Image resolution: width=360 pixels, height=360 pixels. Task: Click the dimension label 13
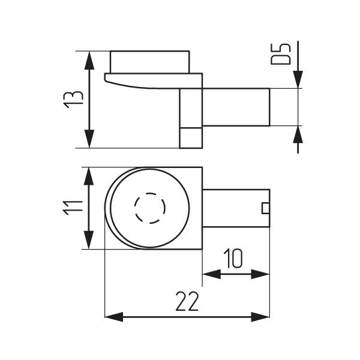(x=73, y=100)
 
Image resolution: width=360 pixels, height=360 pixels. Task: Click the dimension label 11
(x=73, y=208)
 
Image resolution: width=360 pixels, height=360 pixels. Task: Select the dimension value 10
(x=233, y=259)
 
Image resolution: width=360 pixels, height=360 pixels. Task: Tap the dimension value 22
(x=187, y=301)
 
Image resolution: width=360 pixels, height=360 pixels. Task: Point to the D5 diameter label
(x=281, y=54)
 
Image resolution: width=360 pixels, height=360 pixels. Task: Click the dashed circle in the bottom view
(x=149, y=208)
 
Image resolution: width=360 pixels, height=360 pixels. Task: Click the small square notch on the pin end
(x=266, y=208)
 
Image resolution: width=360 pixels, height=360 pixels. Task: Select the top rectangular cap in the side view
(x=150, y=62)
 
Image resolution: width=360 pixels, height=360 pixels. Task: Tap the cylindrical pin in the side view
(x=236, y=107)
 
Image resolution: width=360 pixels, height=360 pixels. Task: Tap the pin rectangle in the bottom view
(x=236, y=208)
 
